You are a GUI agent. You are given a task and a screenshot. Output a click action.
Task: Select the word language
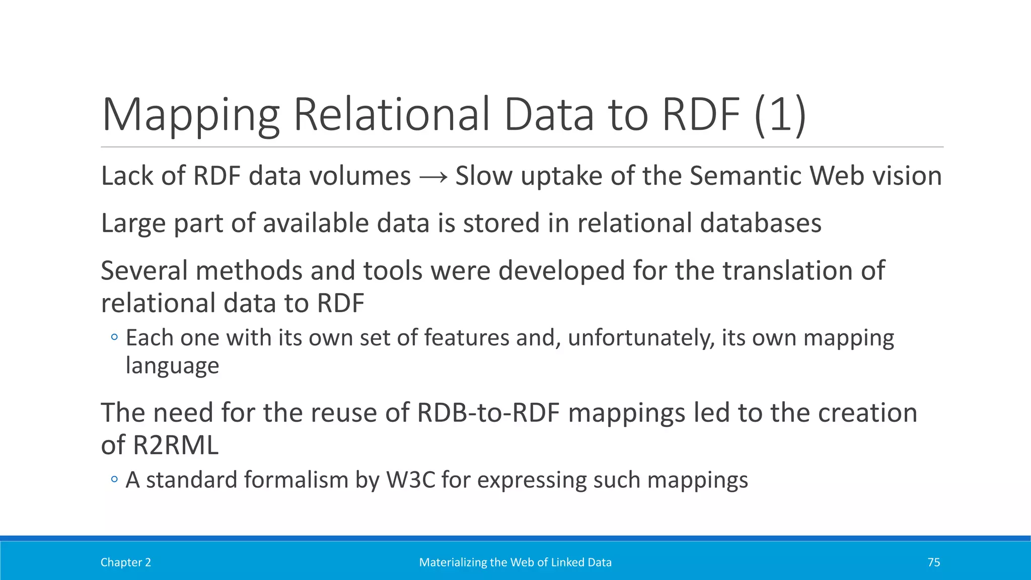(172, 366)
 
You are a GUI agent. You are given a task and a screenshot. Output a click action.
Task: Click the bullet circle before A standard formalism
(114, 480)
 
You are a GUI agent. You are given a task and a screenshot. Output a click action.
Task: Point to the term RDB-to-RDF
(488, 413)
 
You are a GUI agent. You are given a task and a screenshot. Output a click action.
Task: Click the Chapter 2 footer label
(125, 562)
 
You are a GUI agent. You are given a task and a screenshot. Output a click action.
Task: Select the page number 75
(933, 562)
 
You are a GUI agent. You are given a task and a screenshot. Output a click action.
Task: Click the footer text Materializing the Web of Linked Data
(515, 562)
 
